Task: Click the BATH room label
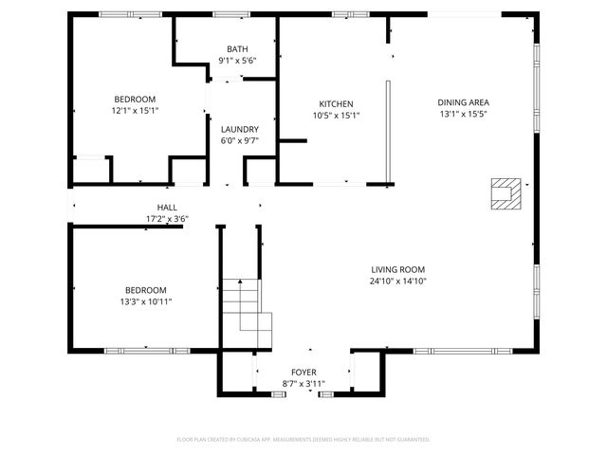pyautogui.click(x=237, y=49)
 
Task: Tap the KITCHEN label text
pyautogui.click(x=336, y=104)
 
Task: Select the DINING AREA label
pyautogui.click(x=463, y=102)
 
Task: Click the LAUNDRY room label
pyautogui.click(x=239, y=129)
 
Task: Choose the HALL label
pyautogui.click(x=167, y=208)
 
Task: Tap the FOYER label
pyautogui.click(x=303, y=373)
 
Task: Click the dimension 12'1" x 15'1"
pyautogui.click(x=135, y=110)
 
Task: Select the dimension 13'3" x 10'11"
pyautogui.click(x=146, y=301)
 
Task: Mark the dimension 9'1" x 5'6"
pyautogui.click(x=237, y=61)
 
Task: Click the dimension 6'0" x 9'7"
pyautogui.click(x=239, y=140)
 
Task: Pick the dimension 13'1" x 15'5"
pyautogui.click(x=463, y=114)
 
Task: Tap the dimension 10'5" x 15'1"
pyautogui.click(x=336, y=116)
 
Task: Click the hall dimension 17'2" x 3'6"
pyautogui.click(x=167, y=219)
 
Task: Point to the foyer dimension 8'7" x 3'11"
pyautogui.click(x=303, y=384)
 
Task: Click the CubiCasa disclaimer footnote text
pyautogui.click(x=303, y=439)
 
